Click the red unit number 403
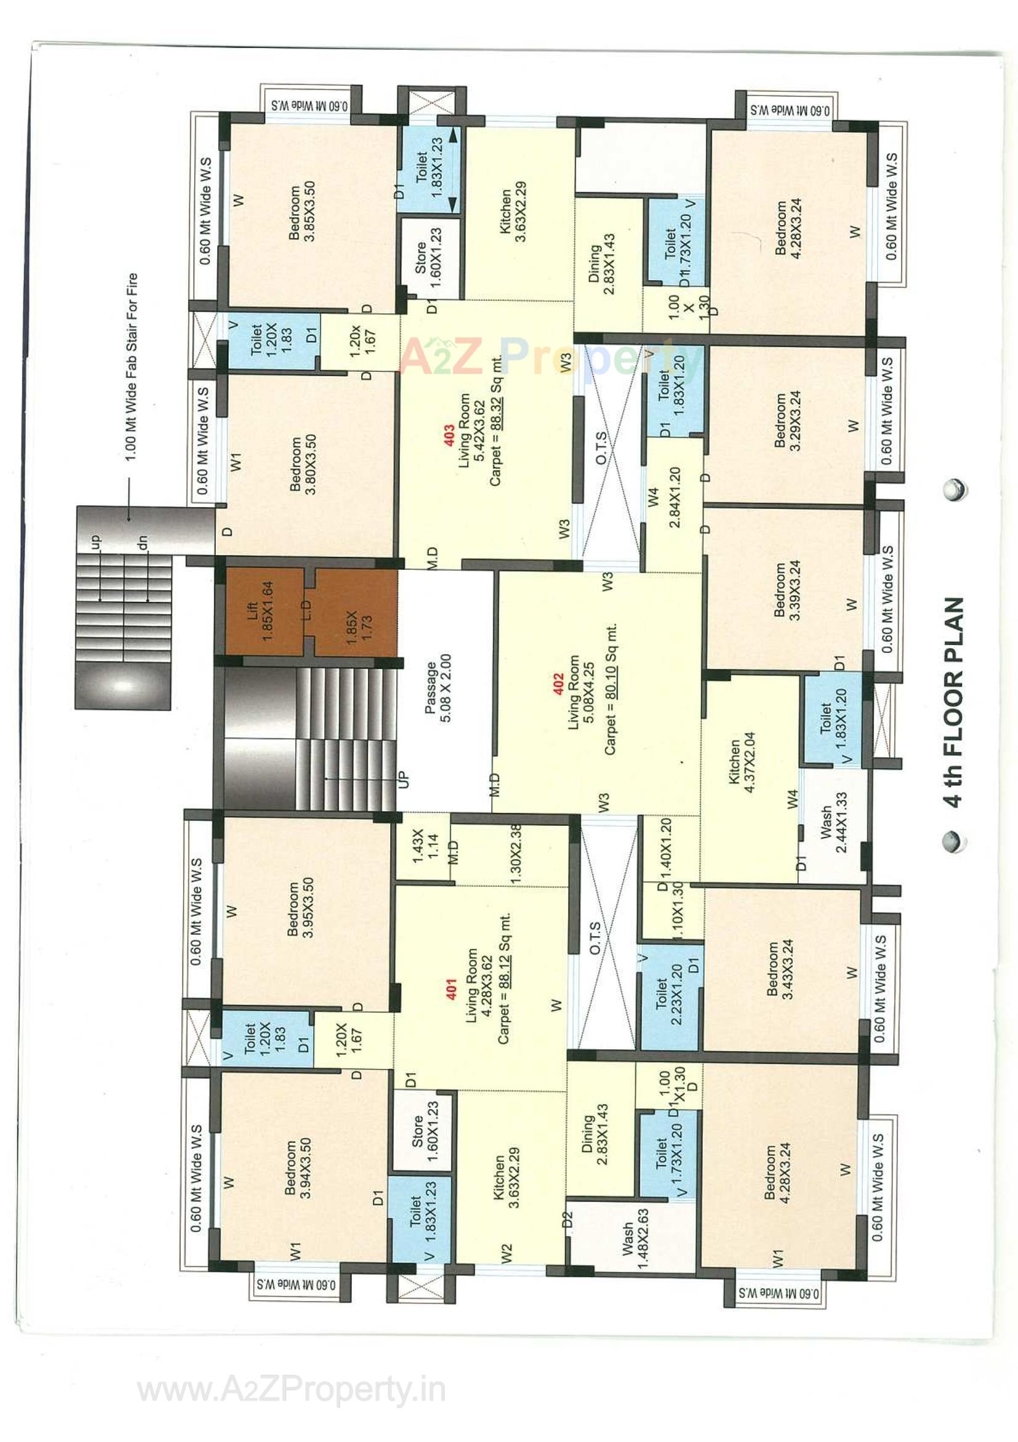point(449,435)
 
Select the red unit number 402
point(558,685)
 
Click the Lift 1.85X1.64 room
point(261,611)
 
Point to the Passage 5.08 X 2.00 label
point(438,688)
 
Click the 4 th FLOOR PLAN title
point(953,701)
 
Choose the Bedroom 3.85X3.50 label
point(302,212)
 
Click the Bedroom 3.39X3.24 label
point(786,590)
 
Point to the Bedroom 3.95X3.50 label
point(301,907)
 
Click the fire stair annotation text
point(131,367)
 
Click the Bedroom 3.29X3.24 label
point(787,420)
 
